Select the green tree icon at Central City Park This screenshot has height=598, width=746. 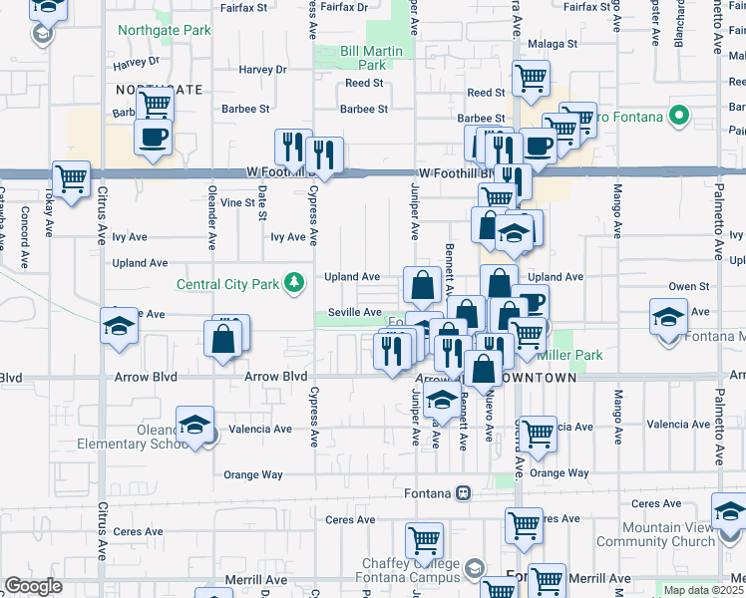[x=293, y=284]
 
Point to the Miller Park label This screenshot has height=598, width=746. [x=568, y=355]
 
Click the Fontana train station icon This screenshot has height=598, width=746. [x=463, y=493]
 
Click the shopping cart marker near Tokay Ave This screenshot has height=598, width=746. [x=71, y=180]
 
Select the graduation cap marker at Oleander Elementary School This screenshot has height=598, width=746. [x=196, y=426]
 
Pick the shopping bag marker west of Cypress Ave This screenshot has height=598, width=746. [x=223, y=339]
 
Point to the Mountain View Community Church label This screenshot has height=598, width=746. [x=655, y=534]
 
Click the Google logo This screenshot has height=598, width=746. [x=33, y=585]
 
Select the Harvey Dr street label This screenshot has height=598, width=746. [x=263, y=70]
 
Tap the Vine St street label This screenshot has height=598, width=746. [x=238, y=202]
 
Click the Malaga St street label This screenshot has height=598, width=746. [x=553, y=44]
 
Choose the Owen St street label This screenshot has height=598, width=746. [x=688, y=286]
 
